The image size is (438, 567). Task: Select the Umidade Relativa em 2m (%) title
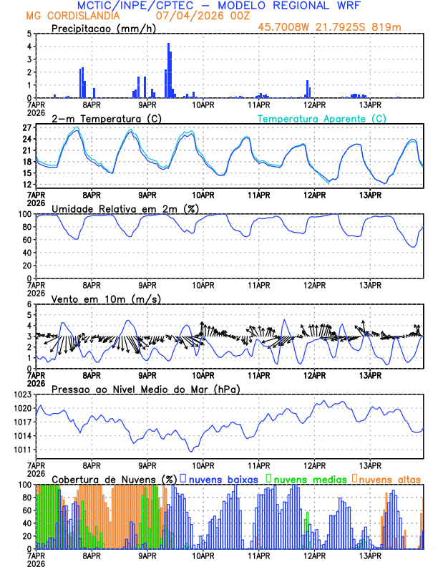coord(126,208)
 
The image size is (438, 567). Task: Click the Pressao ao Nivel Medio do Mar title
coord(145,389)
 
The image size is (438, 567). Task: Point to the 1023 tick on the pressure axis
coord(21,394)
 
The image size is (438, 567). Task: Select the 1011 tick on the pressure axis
coord(21,450)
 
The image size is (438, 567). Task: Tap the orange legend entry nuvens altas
coord(389,478)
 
